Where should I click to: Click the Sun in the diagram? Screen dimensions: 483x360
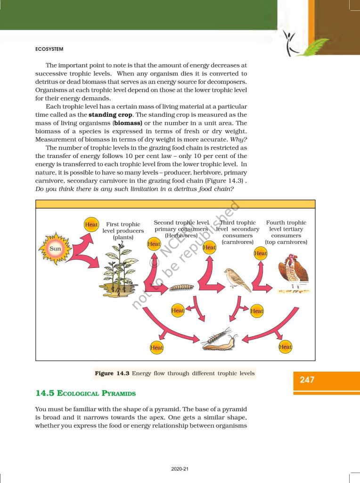click(x=56, y=248)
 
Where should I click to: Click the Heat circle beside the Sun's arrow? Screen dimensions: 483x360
click(x=91, y=225)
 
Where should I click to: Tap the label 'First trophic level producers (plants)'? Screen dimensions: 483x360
click(x=123, y=231)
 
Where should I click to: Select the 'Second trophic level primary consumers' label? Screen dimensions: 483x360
click(x=181, y=229)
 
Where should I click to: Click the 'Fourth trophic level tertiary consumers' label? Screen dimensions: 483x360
click(x=286, y=232)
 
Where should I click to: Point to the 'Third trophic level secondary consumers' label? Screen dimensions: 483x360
click(x=238, y=232)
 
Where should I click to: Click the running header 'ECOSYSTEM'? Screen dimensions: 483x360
click(x=49, y=48)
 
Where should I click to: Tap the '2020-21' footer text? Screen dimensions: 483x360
click(x=180, y=469)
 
